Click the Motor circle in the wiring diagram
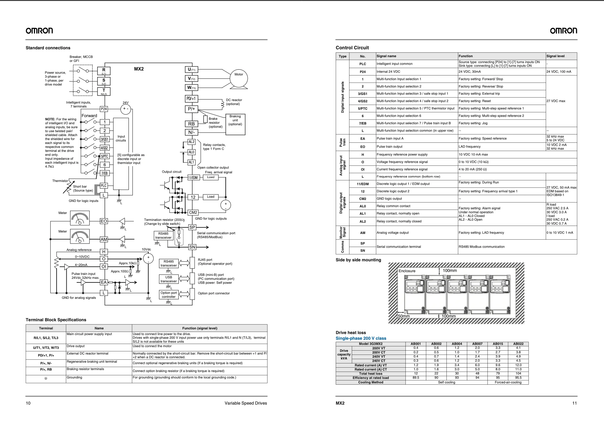tap(239, 78)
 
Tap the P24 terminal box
tap(104, 109)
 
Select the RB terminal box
tap(192, 124)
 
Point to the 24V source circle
tap(126, 109)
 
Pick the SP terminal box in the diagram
tap(192, 227)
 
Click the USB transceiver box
tap(168, 279)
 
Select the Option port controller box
tap(168, 295)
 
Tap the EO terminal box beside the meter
tap(104, 221)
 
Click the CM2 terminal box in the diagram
tap(193, 212)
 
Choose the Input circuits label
tap(121, 138)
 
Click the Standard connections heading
tap(48, 48)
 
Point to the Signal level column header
tap(555, 56)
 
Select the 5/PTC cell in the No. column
tap(362, 108)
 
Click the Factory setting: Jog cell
tap(473, 123)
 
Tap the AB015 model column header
tap(497, 344)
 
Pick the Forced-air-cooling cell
tap(508, 382)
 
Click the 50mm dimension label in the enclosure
tap(404, 316)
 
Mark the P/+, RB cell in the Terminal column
tap(46, 369)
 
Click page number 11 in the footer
tap(574, 403)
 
